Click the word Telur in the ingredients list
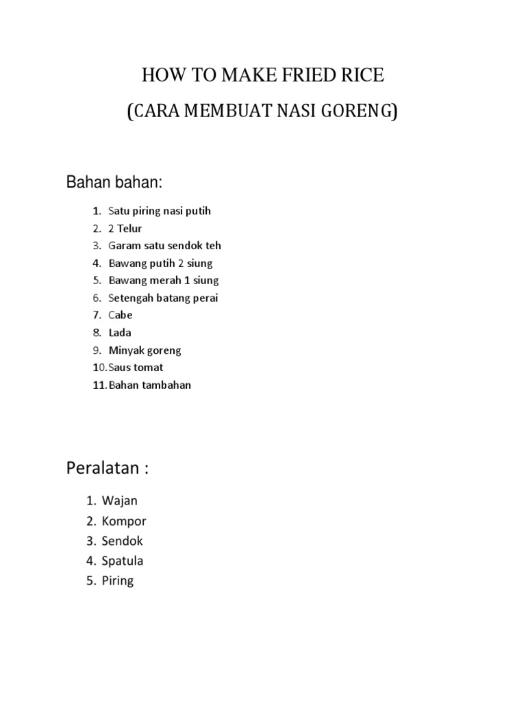(129, 229)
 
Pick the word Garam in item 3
(124, 246)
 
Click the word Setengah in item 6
(133, 298)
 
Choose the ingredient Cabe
(121, 316)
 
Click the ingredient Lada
(120, 333)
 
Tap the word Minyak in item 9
(126, 350)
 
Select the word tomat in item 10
(150, 368)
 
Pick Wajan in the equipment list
(120, 501)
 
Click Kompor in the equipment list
(124, 521)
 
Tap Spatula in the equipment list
(123, 561)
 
